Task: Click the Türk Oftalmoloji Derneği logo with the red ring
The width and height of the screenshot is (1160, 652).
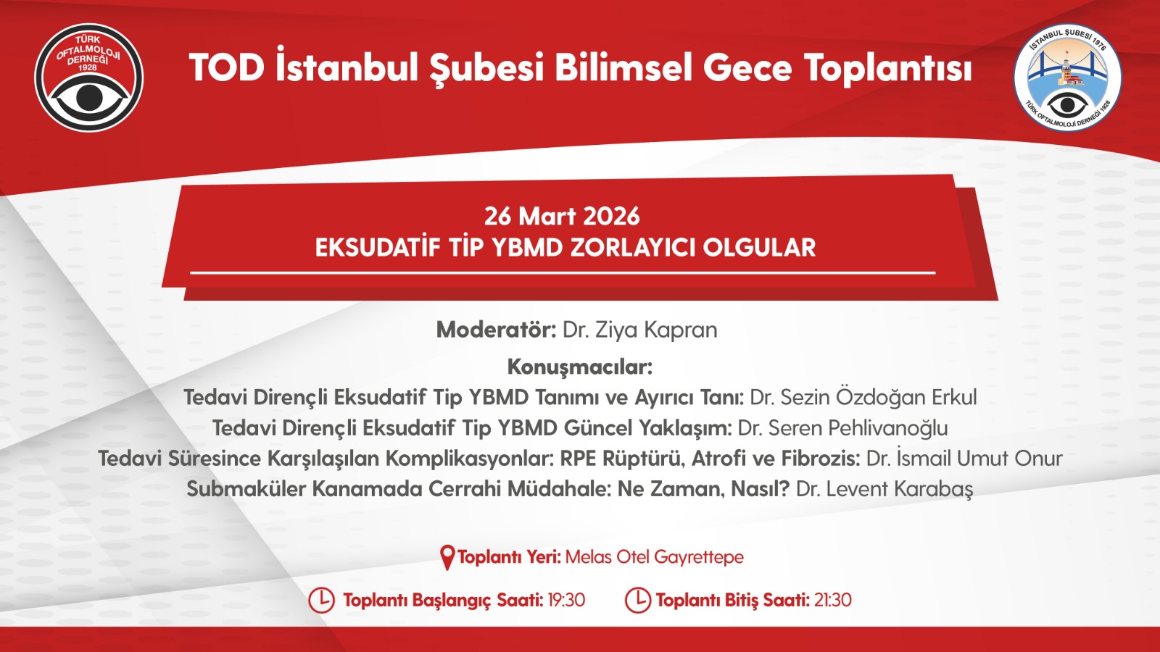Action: click(89, 78)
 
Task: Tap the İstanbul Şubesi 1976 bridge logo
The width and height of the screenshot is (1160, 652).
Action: click(1067, 78)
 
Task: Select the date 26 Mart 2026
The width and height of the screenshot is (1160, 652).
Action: click(562, 216)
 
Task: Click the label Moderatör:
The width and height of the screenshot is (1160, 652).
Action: click(496, 330)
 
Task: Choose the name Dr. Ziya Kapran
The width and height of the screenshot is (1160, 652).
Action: click(640, 330)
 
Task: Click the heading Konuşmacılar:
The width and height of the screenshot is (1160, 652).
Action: click(580, 367)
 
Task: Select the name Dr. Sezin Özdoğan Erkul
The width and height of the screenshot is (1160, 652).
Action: click(863, 398)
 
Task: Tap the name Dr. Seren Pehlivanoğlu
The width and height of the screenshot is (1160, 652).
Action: click(842, 428)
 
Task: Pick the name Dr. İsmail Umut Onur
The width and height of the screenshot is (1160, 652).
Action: click(964, 458)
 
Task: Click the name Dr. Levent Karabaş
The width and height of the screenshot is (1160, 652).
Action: click(884, 489)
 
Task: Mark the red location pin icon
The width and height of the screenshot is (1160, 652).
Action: click(447, 557)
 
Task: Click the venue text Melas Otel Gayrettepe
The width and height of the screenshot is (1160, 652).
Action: click(655, 557)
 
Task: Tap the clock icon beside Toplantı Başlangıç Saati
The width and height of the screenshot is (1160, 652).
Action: click(321, 601)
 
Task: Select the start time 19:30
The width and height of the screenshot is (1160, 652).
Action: click(566, 601)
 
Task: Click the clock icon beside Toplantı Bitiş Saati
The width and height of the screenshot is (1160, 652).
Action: click(637, 601)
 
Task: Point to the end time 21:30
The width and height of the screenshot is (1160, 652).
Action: click(833, 601)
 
